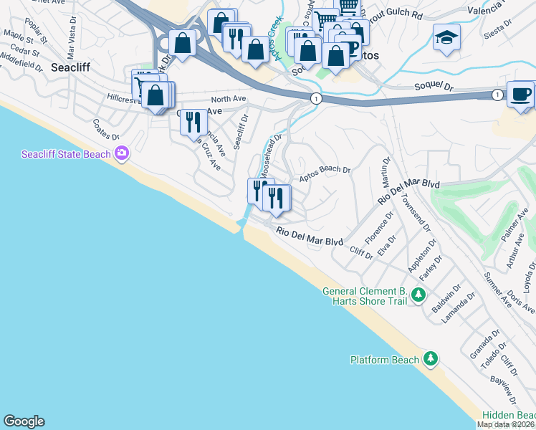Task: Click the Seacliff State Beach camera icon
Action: [122, 153]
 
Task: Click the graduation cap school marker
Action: [446, 39]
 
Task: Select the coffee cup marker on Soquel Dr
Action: [520, 95]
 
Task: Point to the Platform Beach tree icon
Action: [430, 358]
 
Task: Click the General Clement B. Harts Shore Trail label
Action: [365, 296]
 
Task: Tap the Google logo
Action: [24, 421]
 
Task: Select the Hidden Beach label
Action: [508, 416]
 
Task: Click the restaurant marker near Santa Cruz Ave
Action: [192, 123]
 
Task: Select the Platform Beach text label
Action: [384, 360]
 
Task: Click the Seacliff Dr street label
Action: [240, 129]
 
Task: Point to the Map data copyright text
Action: [506, 424]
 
